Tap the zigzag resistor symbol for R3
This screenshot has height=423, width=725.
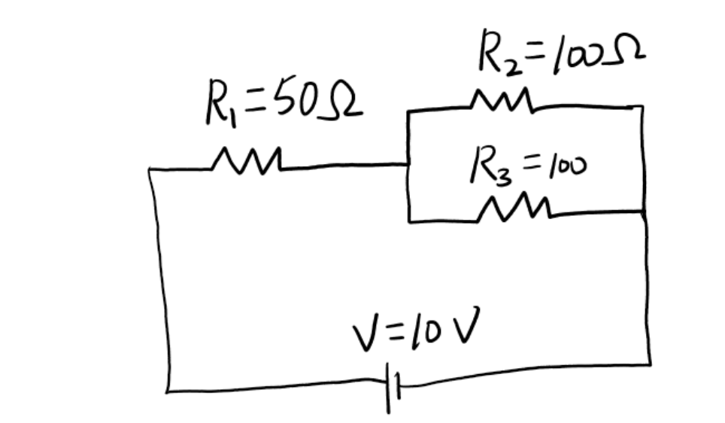point(518,208)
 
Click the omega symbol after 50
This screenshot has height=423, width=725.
point(342,105)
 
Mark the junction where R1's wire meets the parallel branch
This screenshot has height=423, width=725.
point(408,163)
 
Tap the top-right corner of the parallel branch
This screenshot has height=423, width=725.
point(642,107)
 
